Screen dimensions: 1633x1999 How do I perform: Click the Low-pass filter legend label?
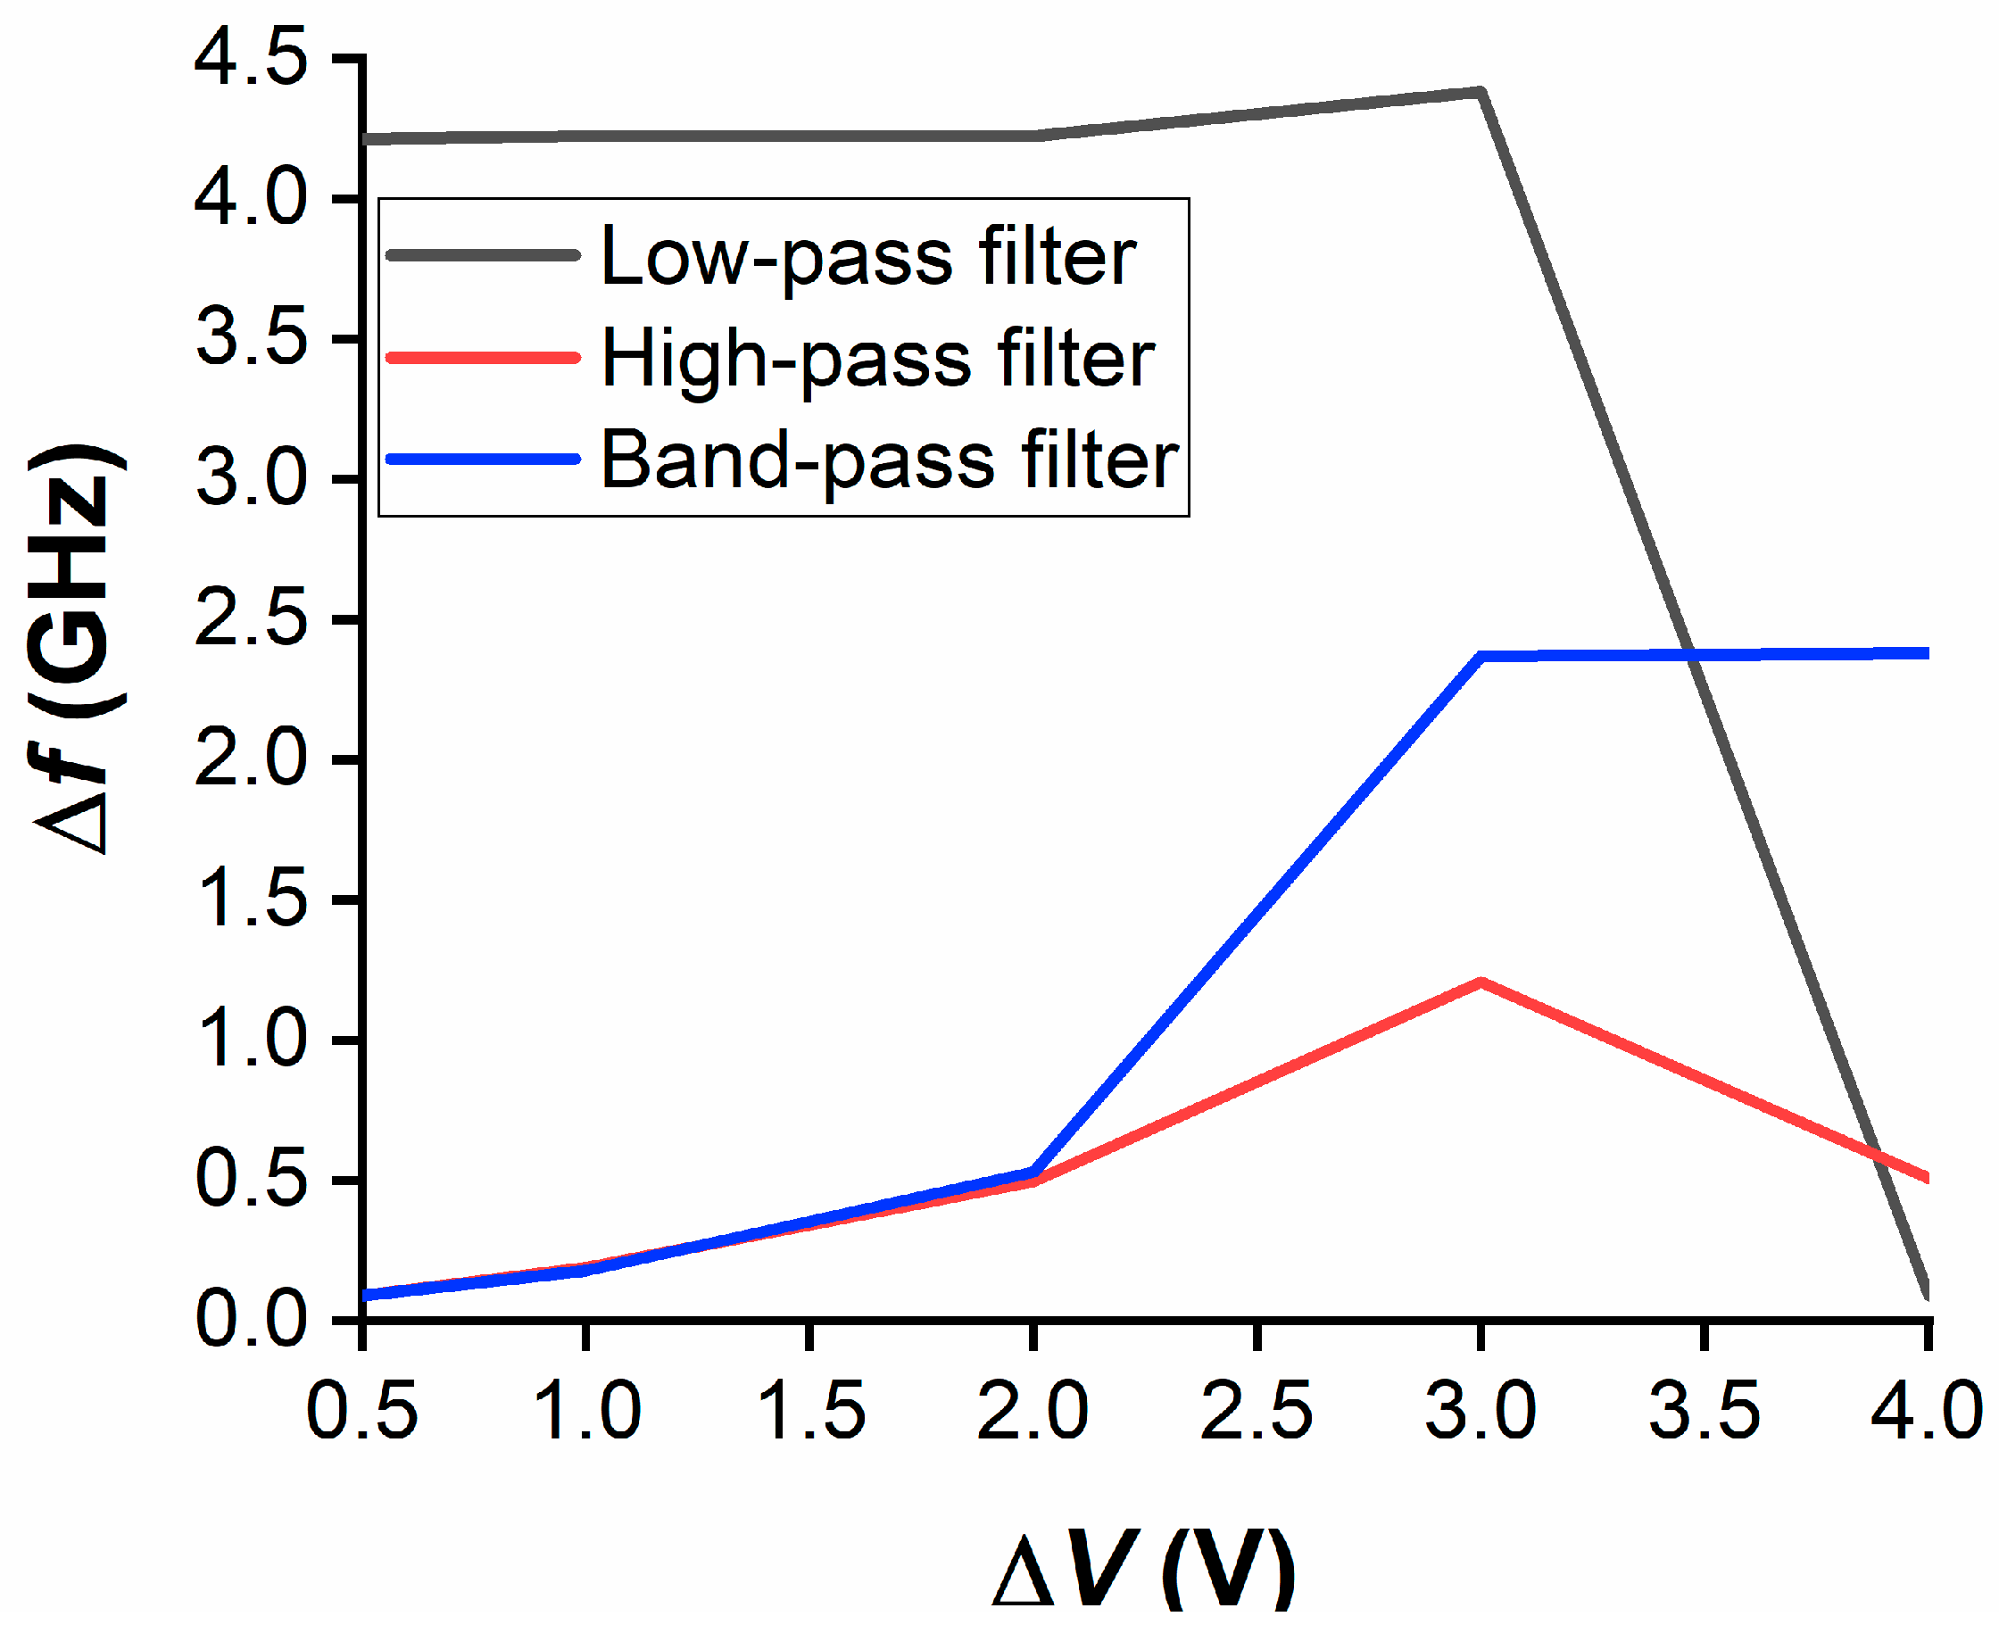(x=867, y=256)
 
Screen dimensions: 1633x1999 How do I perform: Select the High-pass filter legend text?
(x=876, y=359)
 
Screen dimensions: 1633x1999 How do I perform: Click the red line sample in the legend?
(x=483, y=358)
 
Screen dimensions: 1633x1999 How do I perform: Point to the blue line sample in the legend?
(x=483, y=460)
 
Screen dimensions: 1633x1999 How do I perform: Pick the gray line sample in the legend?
(x=483, y=255)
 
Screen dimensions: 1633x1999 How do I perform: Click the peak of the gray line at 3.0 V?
(x=1481, y=92)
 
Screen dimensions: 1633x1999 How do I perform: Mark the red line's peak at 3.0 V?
(x=1481, y=984)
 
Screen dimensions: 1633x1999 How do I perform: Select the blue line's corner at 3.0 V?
(x=1481, y=657)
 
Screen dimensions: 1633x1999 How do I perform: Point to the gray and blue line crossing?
(x=1691, y=655)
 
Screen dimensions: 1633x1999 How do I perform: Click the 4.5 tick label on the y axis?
(x=250, y=58)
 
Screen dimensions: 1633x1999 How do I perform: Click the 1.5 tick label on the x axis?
(x=810, y=1411)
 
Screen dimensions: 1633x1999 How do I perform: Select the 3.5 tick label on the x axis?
(x=1704, y=1411)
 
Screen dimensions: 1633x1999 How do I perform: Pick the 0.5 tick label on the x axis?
(x=362, y=1411)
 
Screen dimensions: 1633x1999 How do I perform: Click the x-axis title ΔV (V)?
(x=1144, y=1569)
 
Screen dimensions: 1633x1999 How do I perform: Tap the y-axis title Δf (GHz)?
(x=75, y=649)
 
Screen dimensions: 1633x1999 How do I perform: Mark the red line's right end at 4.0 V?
(x=1925, y=1177)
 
